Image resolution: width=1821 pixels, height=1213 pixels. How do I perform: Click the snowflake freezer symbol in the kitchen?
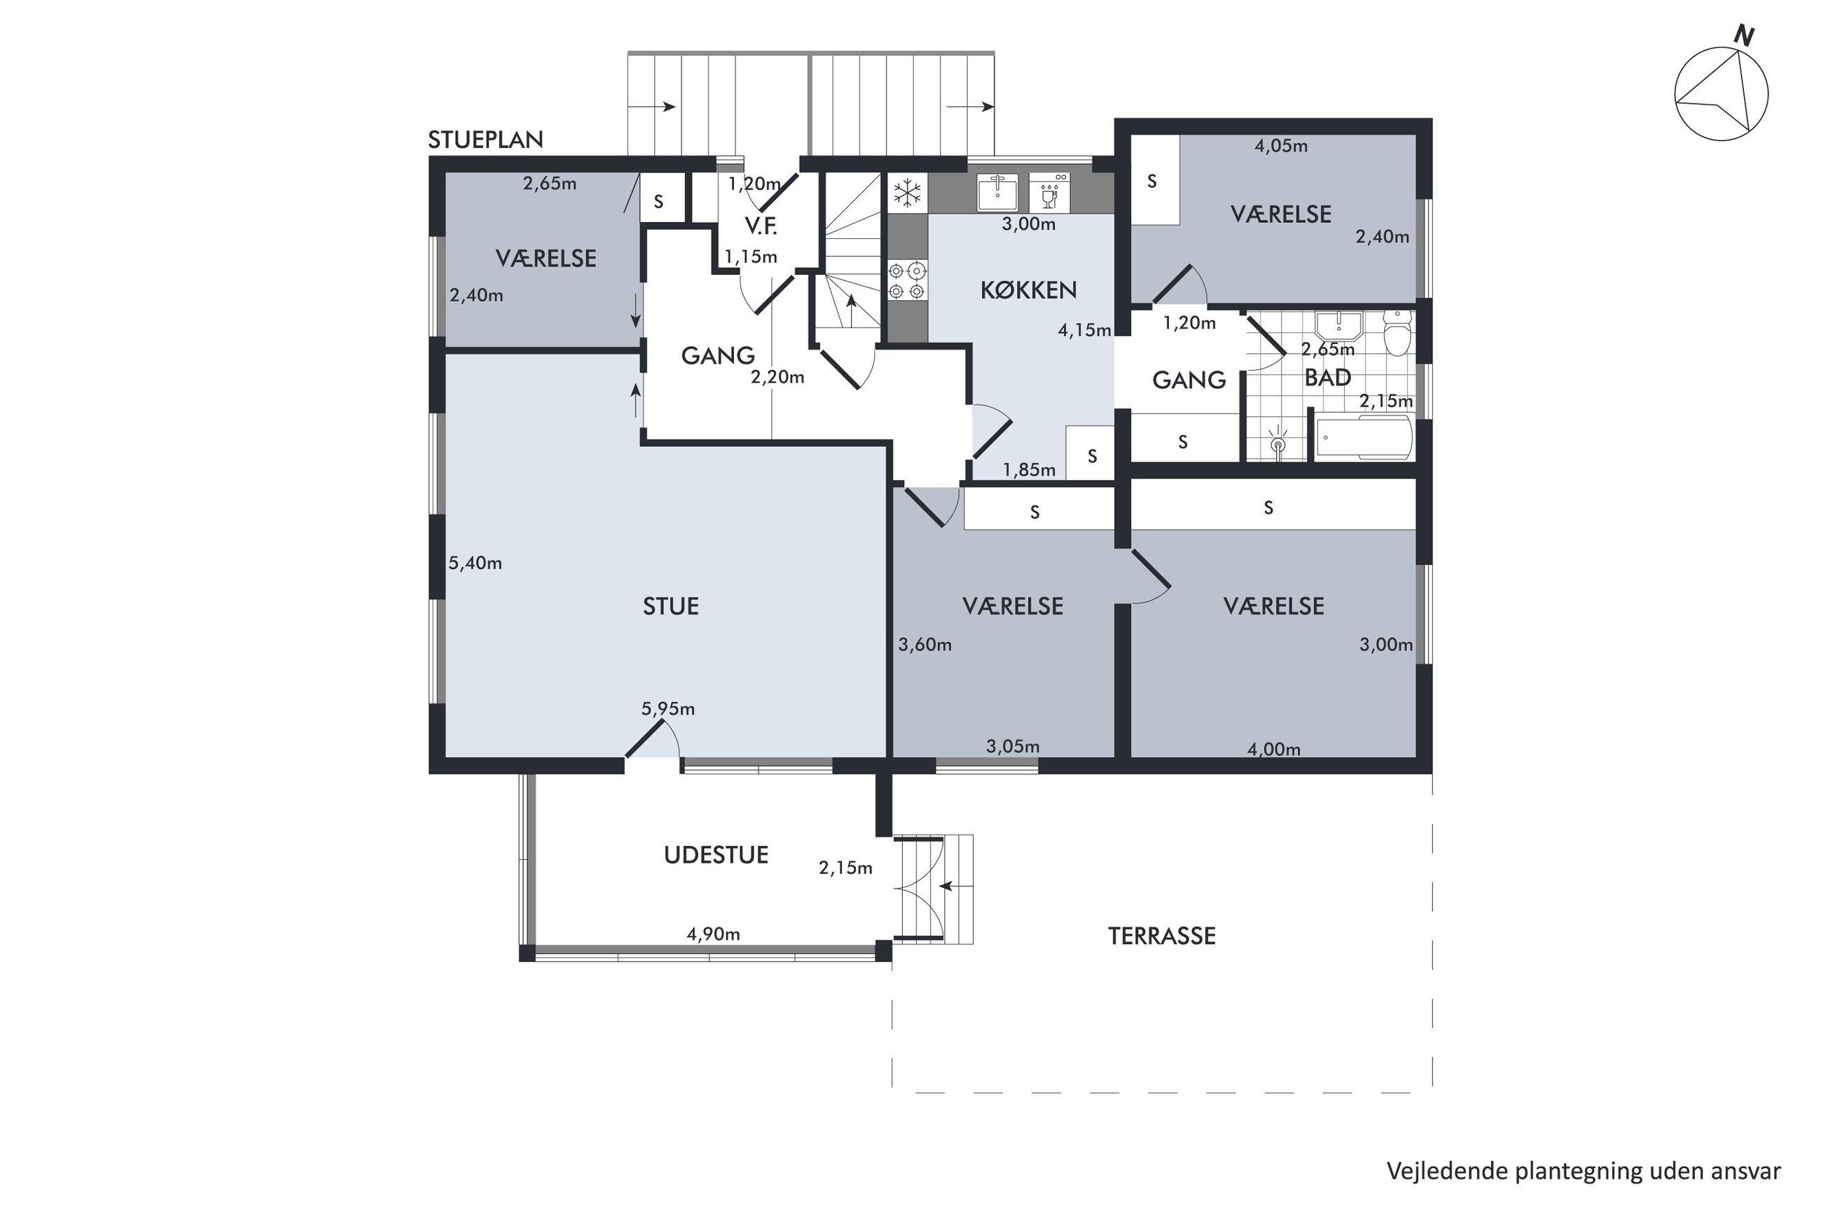click(x=906, y=193)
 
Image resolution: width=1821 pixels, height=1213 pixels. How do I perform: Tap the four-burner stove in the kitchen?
click(x=906, y=281)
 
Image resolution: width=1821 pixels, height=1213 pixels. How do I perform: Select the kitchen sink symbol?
click(x=997, y=192)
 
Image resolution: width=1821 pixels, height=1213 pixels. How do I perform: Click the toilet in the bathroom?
click(x=1397, y=334)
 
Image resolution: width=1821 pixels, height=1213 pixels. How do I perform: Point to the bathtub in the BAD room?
click(x=1362, y=437)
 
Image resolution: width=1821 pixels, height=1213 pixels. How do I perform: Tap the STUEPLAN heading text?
click(x=485, y=139)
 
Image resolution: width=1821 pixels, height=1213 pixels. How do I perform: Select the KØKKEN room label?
click(x=1028, y=290)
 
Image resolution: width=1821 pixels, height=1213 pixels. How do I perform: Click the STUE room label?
click(x=670, y=605)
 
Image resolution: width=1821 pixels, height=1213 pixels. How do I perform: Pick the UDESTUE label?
click(x=716, y=855)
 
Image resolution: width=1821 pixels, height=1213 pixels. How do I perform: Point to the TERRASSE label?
click(x=1161, y=936)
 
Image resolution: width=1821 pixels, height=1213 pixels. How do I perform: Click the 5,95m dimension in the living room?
click(x=668, y=708)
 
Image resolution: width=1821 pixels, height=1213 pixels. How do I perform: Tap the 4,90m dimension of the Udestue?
click(x=713, y=933)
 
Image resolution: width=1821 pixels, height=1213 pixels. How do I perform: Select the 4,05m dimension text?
click(x=1280, y=146)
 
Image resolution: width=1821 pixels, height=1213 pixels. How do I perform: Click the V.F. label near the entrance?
click(x=760, y=226)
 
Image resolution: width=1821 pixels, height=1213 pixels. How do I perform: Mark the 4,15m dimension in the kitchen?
click(x=1084, y=330)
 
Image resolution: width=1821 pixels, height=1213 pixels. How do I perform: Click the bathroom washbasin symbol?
click(x=1338, y=326)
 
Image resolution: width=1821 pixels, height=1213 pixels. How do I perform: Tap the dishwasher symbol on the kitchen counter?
click(x=1049, y=192)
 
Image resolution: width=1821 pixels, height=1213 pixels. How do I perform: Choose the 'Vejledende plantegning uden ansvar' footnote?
click(x=1584, y=1170)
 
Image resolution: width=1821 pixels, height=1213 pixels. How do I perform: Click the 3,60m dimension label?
click(x=925, y=645)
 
